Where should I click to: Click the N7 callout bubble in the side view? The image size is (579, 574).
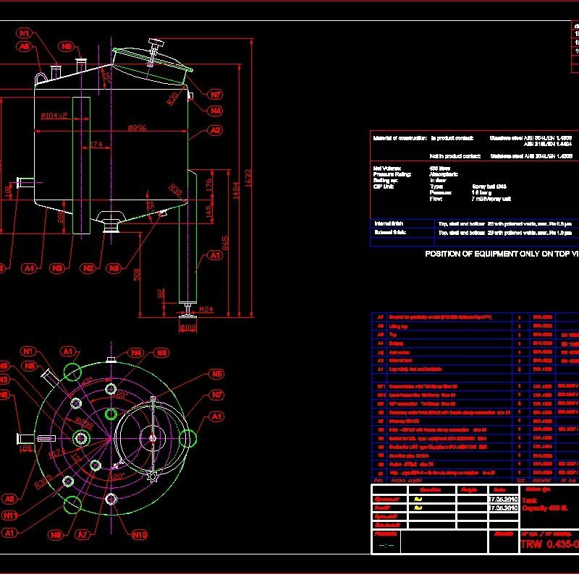(216, 95)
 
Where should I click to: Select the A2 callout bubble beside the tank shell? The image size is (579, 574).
(215, 131)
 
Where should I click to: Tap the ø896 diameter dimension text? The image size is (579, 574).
(138, 128)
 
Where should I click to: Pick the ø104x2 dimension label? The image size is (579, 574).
(54, 116)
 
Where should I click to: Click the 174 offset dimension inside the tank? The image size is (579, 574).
(96, 145)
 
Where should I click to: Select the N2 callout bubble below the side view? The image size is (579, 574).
(88, 268)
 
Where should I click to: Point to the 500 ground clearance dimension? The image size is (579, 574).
(138, 274)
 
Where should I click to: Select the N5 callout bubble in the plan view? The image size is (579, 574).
(216, 374)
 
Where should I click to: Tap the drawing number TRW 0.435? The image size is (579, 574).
(549, 544)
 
